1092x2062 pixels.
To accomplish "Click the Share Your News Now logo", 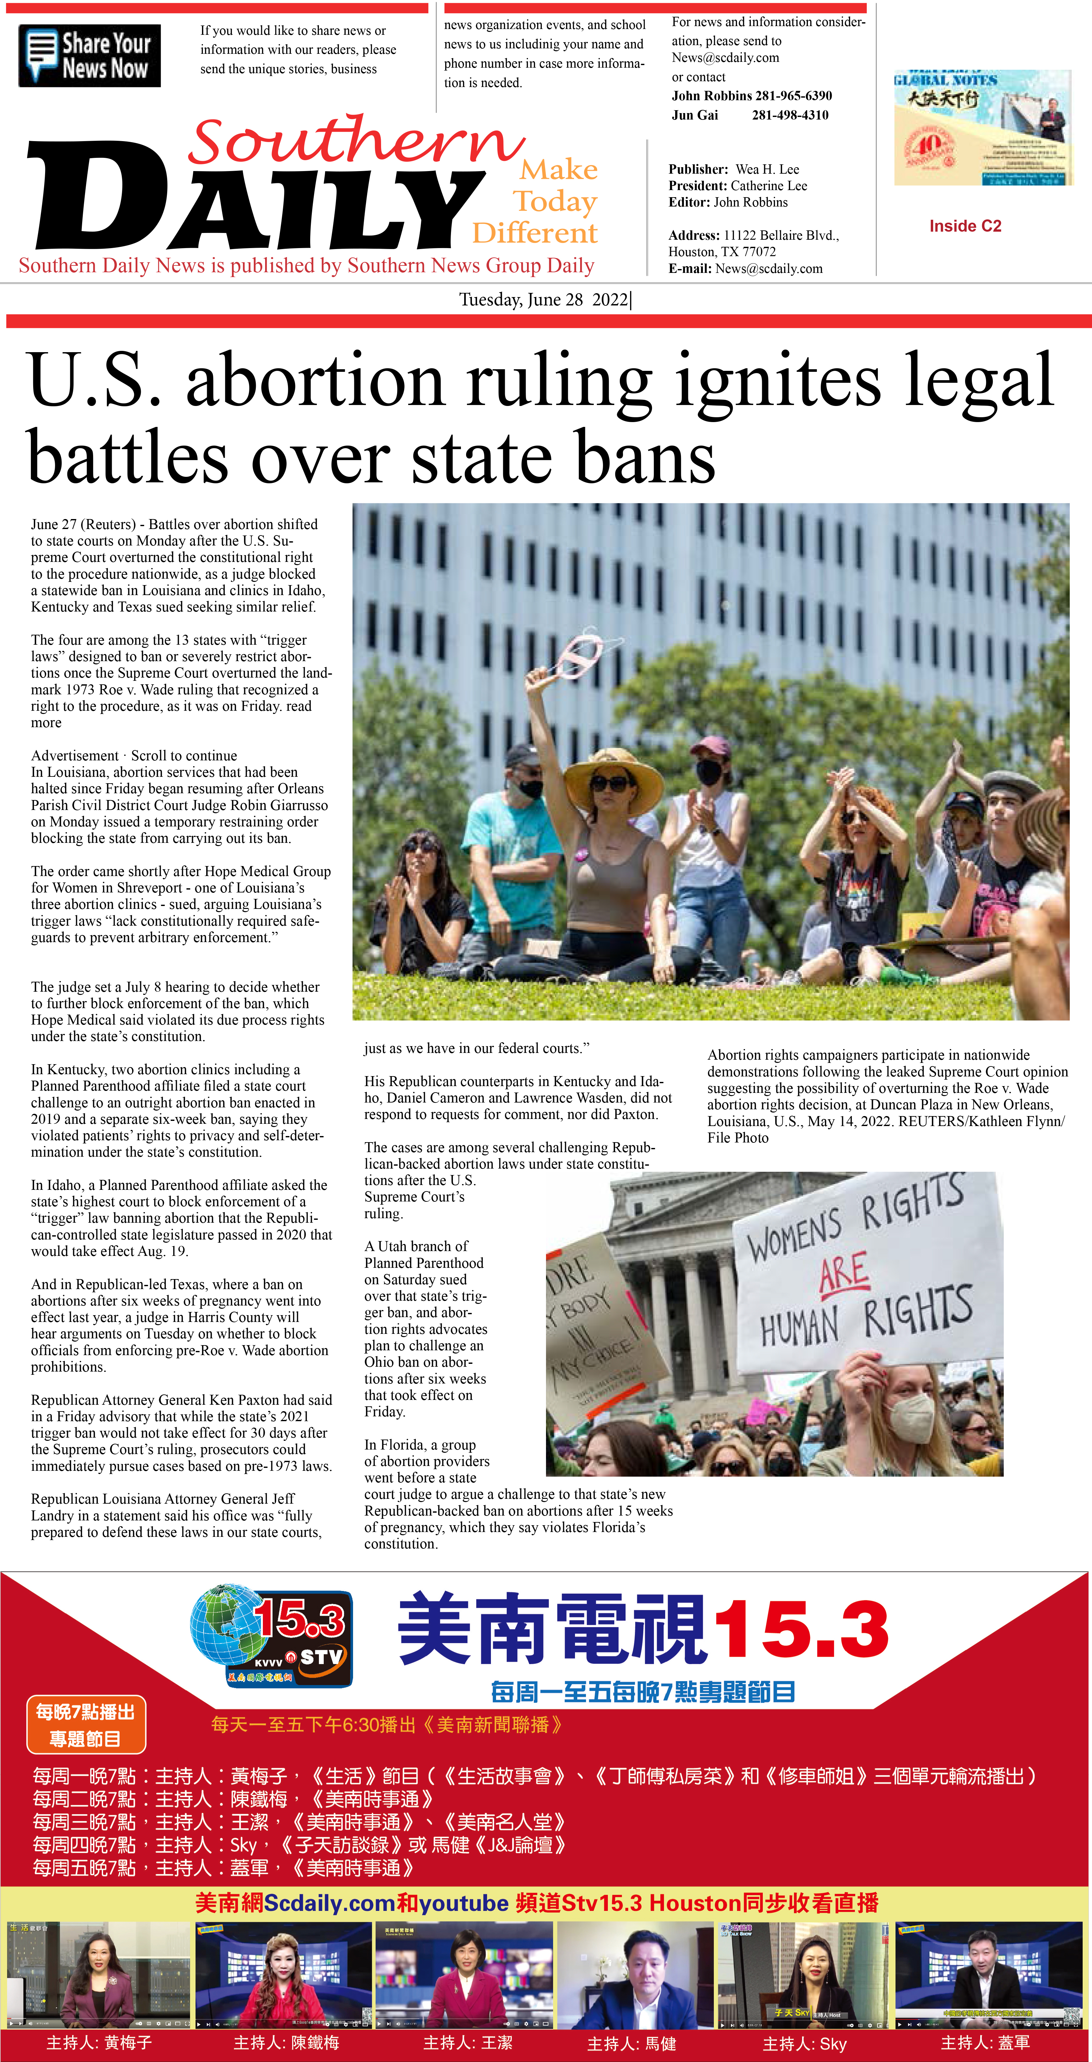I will click(x=90, y=56).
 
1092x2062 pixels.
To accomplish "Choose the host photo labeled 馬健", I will click(x=632, y=1974).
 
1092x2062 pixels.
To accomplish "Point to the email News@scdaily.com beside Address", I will click(x=769, y=269).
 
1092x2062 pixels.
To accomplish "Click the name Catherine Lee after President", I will click(x=769, y=186).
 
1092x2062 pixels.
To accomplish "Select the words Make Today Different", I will click(x=544, y=202).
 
